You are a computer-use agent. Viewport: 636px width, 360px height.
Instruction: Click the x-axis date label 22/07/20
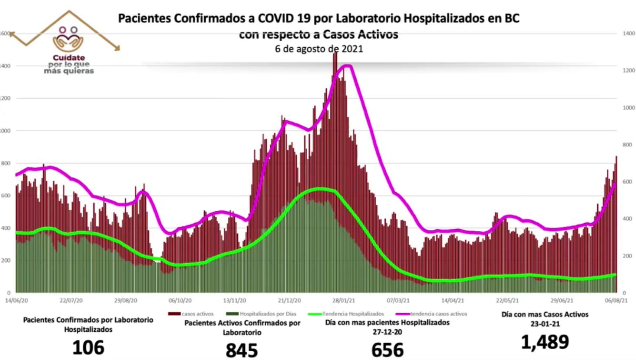pyautogui.click(x=71, y=300)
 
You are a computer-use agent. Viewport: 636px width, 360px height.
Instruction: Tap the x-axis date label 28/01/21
pyautogui.click(x=344, y=300)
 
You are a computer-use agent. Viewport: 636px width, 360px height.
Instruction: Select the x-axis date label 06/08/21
pyautogui.click(x=616, y=300)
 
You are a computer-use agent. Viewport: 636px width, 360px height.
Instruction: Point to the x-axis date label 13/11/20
pyautogui.click(x=235, y=300)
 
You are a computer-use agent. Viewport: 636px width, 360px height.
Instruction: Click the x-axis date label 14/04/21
pyautogui.click(x=452, y=300)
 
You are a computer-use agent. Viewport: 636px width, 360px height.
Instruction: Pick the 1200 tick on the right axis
pyautogui.click(x=629, y=70)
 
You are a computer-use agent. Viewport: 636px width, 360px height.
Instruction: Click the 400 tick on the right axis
pyautogui.click(x=627, y=219)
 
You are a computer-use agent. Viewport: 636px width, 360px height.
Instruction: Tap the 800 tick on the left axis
pyautogui.click(x=6, y=163)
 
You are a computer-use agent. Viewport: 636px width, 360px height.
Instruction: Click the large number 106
pyautogui.click(x=88, y=348)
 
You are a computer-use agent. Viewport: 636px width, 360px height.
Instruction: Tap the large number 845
pyautogui.click(x=242, y=350)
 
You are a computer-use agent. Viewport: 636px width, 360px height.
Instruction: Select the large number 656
pyautogui.click(x=388, y=350)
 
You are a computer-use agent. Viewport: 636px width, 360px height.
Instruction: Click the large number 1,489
pyautogui.click(x=545, y=342)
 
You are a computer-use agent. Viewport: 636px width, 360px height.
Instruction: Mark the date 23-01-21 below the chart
pyautogui.click(x=545, y=324)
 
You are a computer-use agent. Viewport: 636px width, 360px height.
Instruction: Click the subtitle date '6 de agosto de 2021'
pyautogui.click(x=319, y=49)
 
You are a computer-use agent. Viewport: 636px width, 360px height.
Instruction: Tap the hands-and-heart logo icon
pyautogui.click(x=68, y=40)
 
